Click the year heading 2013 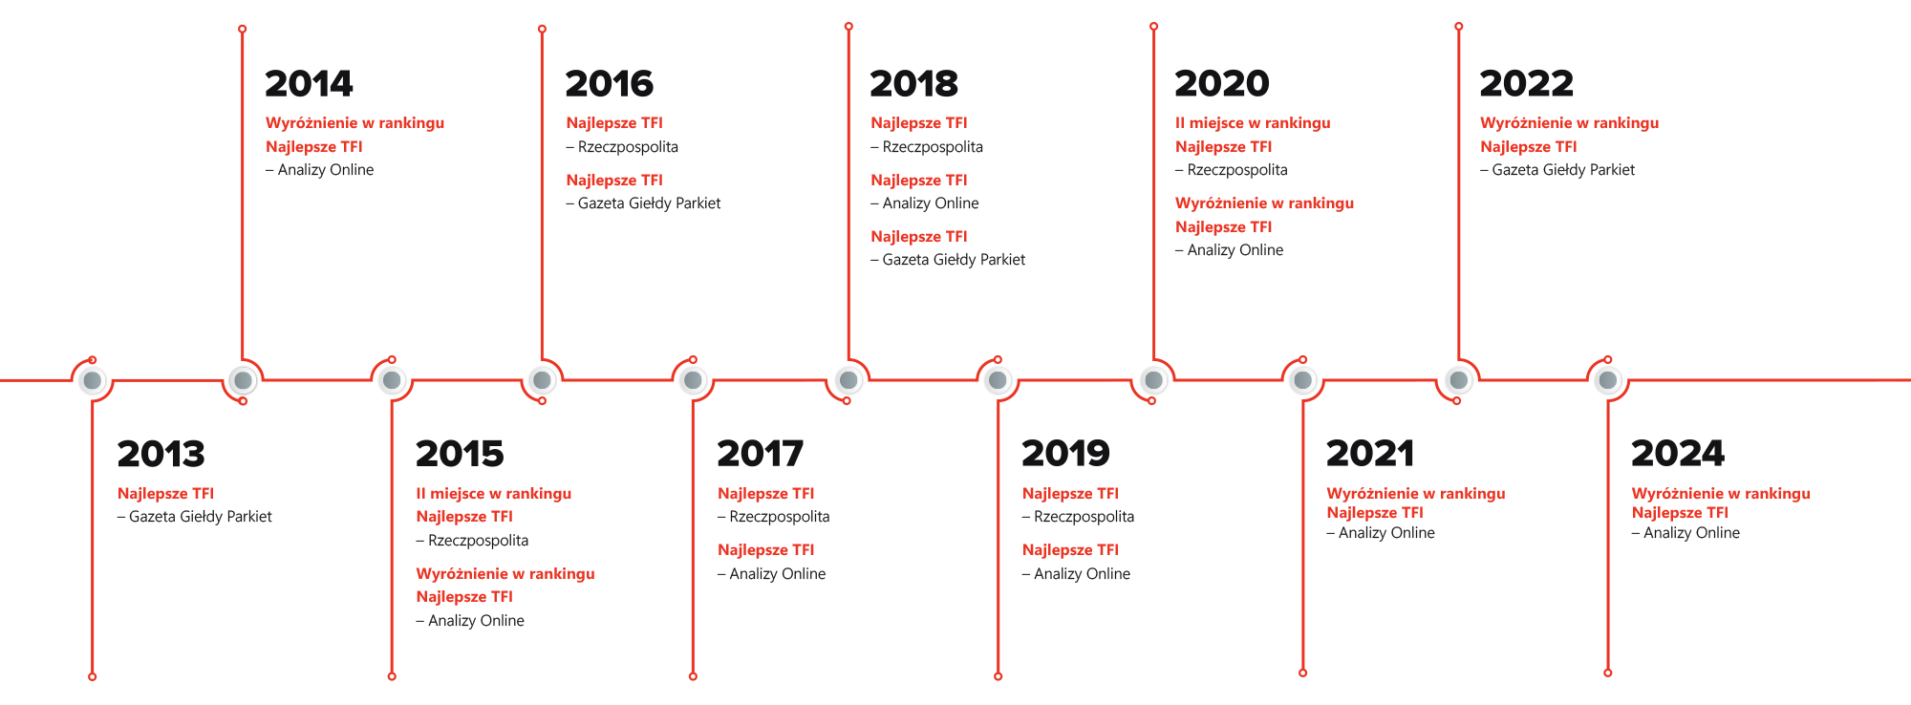[x=161, y=454]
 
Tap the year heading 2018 [x=913, y=84]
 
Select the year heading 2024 [x=1677, y=454]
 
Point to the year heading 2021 [x=1370, y=454]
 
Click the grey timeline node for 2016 [x=542, y=380]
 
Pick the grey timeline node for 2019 [x=997, y=380]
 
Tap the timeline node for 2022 [x=1458, y=380]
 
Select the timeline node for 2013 [x=92, y=380]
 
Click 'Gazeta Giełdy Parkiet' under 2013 [x=200, y=517]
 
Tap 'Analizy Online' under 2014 [x=325, y=170]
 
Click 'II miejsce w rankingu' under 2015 [x=493, y=494]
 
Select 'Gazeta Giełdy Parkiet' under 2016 [x=649, y=203]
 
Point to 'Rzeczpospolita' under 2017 [x=779, y=517]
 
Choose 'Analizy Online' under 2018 [x=930, y=203]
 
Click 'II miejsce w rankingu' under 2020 [x=1253, y=123]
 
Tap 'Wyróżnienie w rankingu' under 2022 [x=1569, y=123]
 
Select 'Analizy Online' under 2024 [x=1691, y=533]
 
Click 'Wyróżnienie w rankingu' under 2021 [x=1415, y=494]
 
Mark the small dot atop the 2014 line [x=243, y=29]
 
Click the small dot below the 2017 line [x=693, y=676]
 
